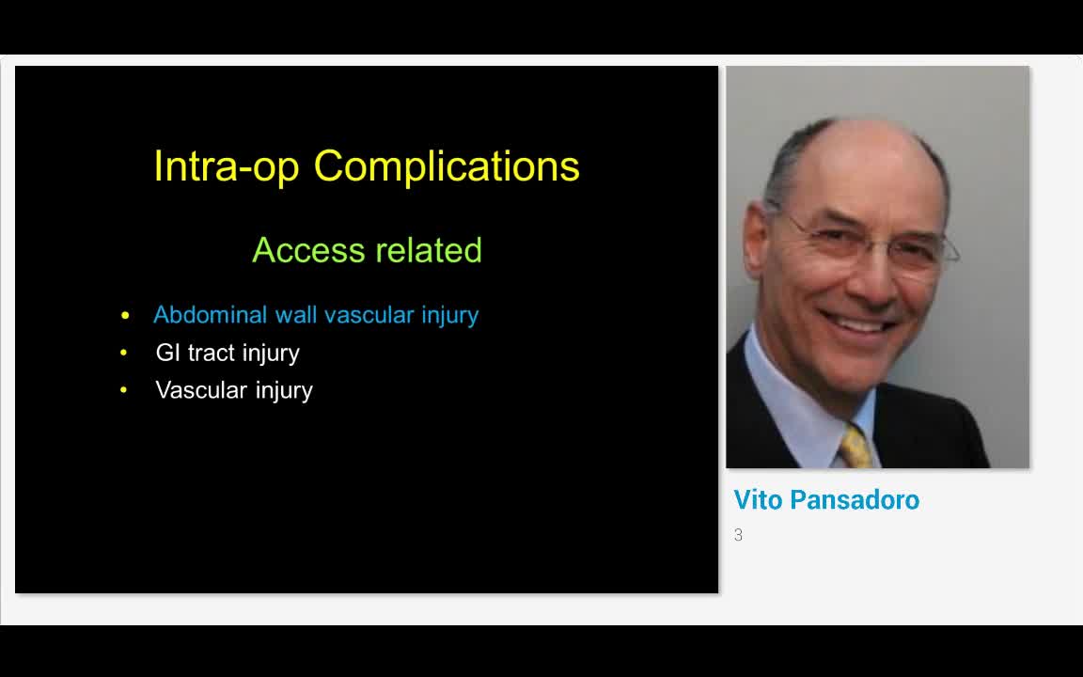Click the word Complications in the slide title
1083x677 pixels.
pyautogui.click(x=447, y=166)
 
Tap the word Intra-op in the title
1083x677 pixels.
pyautogui.click(x=227, y=166)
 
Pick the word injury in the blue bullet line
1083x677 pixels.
pyautogui.click(x=449, y=316)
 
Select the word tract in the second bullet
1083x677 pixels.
pyautogui.click(x=212, y=353)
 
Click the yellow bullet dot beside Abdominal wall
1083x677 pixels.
pyautogui.click(x=125, y=316)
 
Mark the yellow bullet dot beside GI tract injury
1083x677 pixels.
pyautogui.click(x=124, y=354)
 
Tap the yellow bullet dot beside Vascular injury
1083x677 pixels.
pyautogui.click(x=124, y=391)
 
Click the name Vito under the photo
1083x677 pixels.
pyautogui.click(x=758, y=500)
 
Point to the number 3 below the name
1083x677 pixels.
pyautogui.click(x=738, y=535)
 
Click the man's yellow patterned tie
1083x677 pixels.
pyautogui.click(x=855, y=447)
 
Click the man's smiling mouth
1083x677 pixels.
pyautogui.click(x=857, y=321)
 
